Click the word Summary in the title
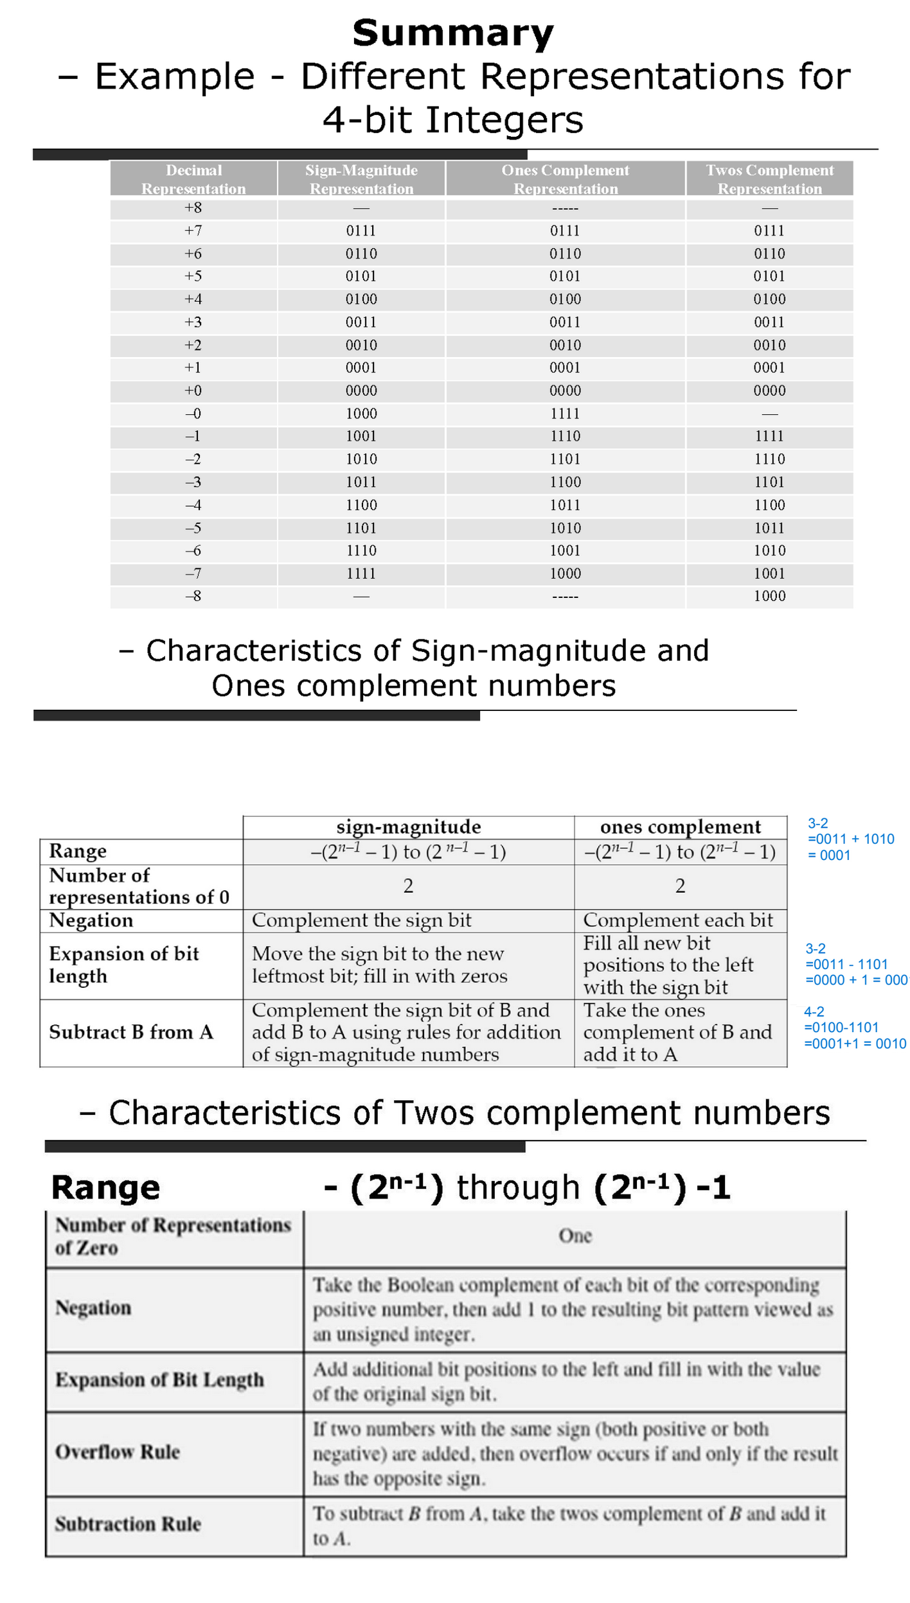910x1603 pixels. click(453, 33)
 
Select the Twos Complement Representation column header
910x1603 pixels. click(769, 179)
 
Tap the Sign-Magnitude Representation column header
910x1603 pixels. click(361, 179)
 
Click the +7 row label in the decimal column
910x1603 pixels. click(193, 231)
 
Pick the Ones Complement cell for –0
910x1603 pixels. click(565, 414)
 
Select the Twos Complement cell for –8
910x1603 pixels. click(769, 596)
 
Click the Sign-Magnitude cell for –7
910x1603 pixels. click(361, 574)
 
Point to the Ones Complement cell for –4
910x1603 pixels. click(565, 505)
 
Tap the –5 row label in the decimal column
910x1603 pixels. click(193, 528)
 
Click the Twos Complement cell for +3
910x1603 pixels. click(769, 322)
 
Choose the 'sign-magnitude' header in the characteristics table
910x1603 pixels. click(409, 827)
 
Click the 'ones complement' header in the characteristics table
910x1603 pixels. click(680, 827)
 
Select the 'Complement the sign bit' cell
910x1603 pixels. click(362, 920)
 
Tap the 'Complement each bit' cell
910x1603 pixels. click(678, 920)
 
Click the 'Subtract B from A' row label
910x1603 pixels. click(131, 1032)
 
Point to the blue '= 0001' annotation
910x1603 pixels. click(829, 855)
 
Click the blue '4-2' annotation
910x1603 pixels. click(814, 1012)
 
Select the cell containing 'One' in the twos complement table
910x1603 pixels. click(575, 1235)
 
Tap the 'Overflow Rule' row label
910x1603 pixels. click(118, 1452)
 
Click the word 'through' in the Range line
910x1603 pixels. click(518, 1187)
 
